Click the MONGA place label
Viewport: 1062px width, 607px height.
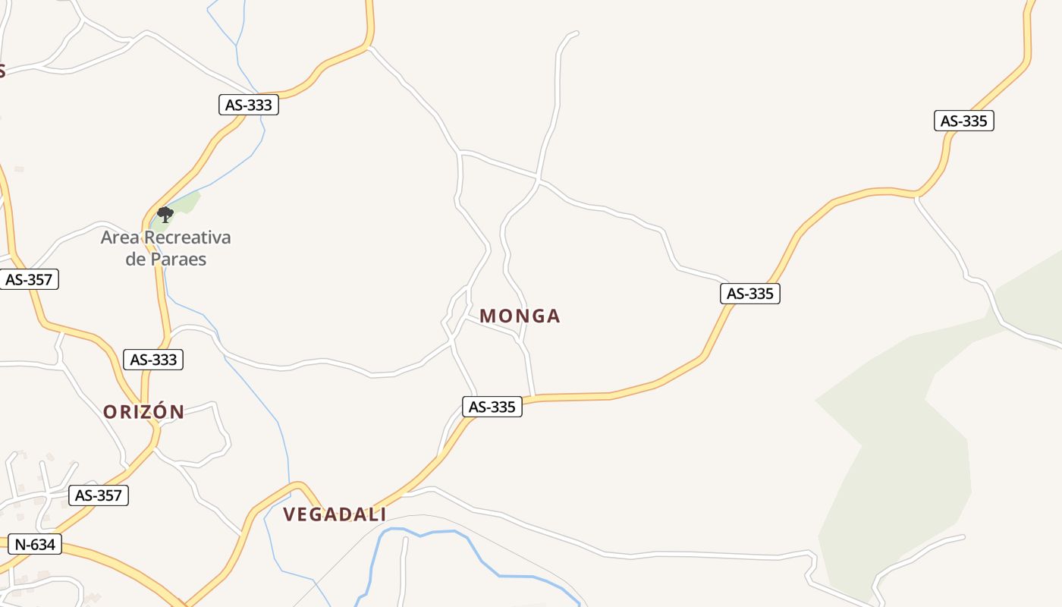[520, 316]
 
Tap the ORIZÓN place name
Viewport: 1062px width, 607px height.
[143, 412]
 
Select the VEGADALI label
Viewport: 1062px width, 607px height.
[335, 514]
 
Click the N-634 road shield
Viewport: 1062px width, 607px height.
[35, 544]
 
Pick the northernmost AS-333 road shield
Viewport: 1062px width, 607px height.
[249, 105]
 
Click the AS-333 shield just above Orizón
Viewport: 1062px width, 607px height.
[153, 360]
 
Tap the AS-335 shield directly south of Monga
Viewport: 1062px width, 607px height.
[492, 407]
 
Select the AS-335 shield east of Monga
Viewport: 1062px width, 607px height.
[750, 294]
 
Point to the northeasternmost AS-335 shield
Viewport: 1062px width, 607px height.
[963, 121]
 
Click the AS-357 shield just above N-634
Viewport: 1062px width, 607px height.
[99, 495]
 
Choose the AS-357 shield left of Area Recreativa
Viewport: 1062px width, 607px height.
[29, 279]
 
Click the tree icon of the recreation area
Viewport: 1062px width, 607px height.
[165, 215]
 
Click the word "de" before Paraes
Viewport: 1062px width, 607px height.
[135, 259]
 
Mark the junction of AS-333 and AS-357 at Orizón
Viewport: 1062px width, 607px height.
[155, 429]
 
